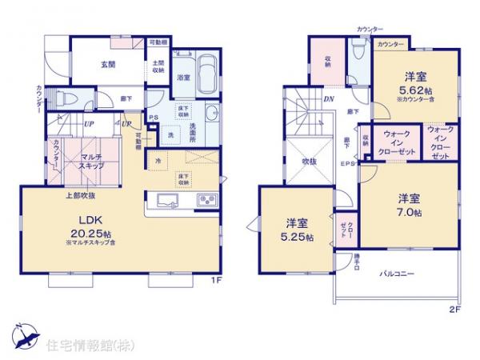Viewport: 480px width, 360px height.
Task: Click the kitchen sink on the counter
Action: [170, 200]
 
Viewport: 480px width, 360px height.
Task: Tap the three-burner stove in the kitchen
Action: [206, 200]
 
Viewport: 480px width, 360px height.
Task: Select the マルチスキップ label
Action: [91, 162]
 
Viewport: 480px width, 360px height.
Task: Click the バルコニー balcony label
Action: [398, 274]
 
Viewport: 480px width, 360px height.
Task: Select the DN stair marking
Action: [329, 98]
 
